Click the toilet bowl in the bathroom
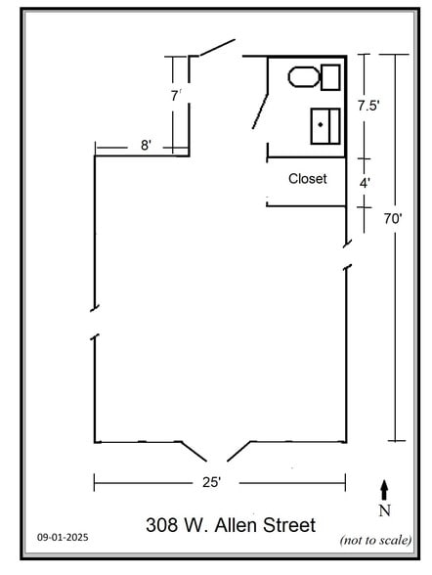click(304, 77)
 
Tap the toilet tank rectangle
click(330, 77)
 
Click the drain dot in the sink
click(321, 125)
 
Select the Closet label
click(308, 179)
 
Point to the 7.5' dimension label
click(368, 106)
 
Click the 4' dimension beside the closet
click(365, 183)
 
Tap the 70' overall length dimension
click(393, 219)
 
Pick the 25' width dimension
click(211, 482)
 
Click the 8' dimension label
click(146, 145)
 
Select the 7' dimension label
click(176, 96)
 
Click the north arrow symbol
click(384, 490)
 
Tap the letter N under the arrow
click(385, 510)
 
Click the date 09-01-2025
click(63, 537)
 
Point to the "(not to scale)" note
click(375, 540)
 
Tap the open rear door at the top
click(217, 48)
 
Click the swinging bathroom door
click(260, 111)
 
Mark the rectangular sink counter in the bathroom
click(325, 126)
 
